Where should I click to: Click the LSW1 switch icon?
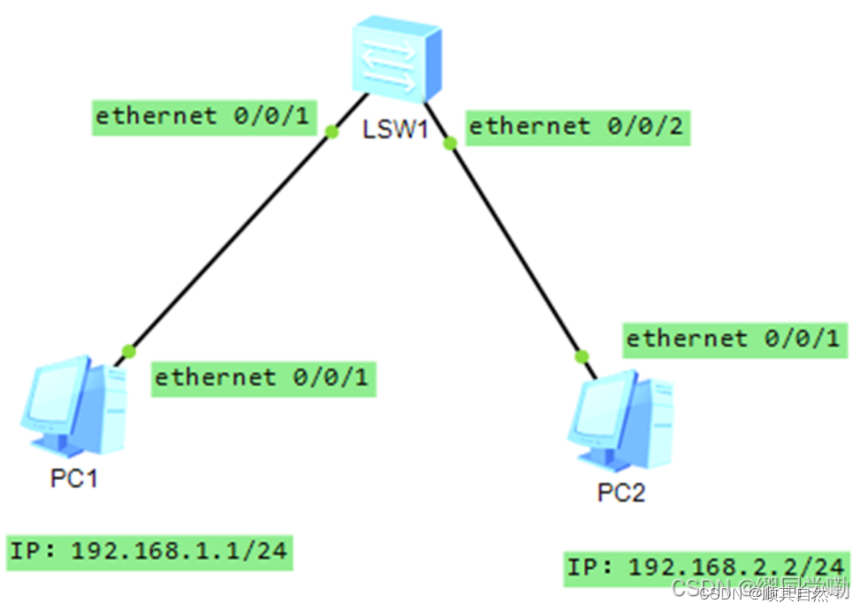[x=395, y=60]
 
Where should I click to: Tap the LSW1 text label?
[x=395, y=131]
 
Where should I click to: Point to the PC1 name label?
[x=73, y=478]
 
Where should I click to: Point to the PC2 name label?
[x=621, y=493]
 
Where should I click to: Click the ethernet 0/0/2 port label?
[x=576, y=126]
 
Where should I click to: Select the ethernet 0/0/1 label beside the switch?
[x=204, y=116]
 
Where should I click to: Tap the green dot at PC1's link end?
[x=129, y=350]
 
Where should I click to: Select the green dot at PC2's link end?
[x=581, y=355]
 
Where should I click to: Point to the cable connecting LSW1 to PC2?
[x=516, y=248]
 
